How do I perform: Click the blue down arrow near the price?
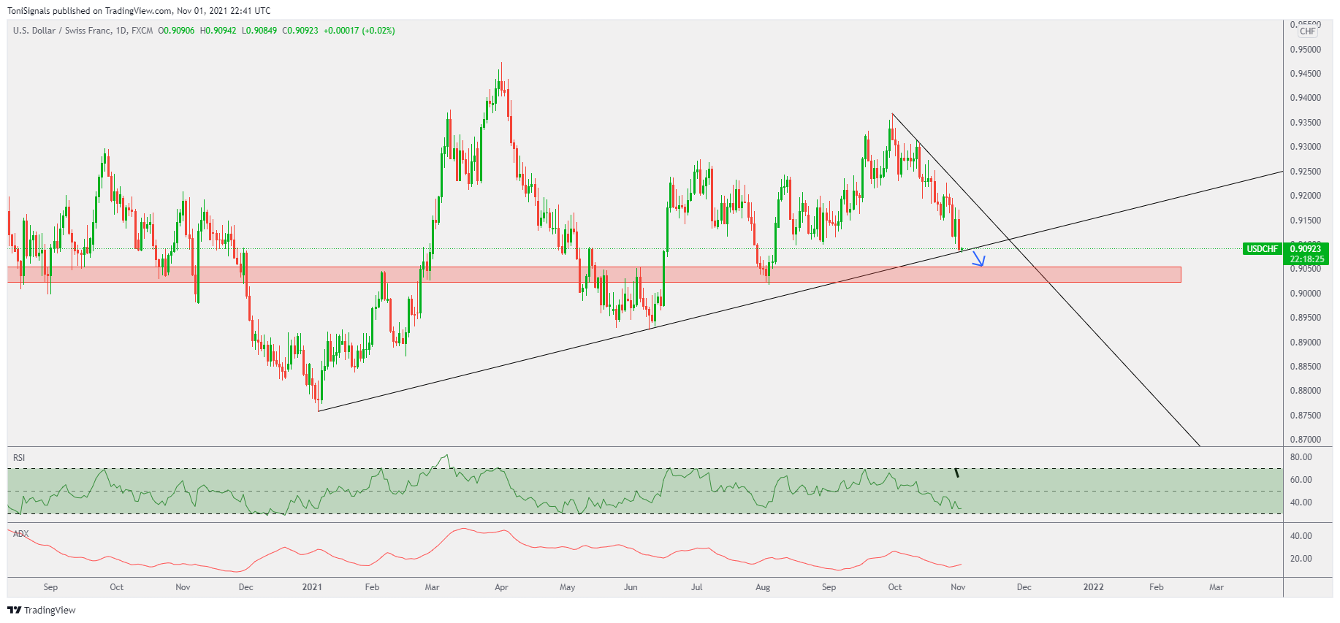pyautogui.click(x=979, y=259)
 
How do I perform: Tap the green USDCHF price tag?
pyautogui.click(x=1262, y=249)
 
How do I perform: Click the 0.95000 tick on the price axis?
pyautogui.click(x=1305, y=50)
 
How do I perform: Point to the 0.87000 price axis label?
pyautogui.click(x=1305, y=440)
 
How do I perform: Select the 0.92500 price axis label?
pyautogui.click(x=1305, y=172)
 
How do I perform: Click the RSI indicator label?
pyautogui.click(x=19, y=458)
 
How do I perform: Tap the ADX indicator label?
pyautogui.click(x=21, y=534)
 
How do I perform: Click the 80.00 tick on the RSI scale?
pyautogui.click(x=1301, y=457)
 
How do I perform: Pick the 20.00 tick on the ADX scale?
pyautogui.click(x=1301, y=559)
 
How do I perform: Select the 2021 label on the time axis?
pyautogui.click(x=312, y=587)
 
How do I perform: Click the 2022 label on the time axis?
pyautogui.click(x=1093, y=587)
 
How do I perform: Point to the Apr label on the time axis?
pyautogui.click(x=501, y=587)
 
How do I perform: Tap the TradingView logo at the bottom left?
pyautogui.click(x=42, y=610)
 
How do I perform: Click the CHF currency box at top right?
pyautogui.click(x=1307, y=31)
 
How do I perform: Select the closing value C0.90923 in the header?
pyautogui.click(x=300, y=31)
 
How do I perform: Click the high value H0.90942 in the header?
pyautogui.click(x=218, y=31)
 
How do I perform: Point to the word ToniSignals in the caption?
pyautogui.click(x=28, y=11)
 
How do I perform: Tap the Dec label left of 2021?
pyautogui.click(x=246, y=587)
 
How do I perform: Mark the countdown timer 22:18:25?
pyautogui.click(x=1307, y=259)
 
